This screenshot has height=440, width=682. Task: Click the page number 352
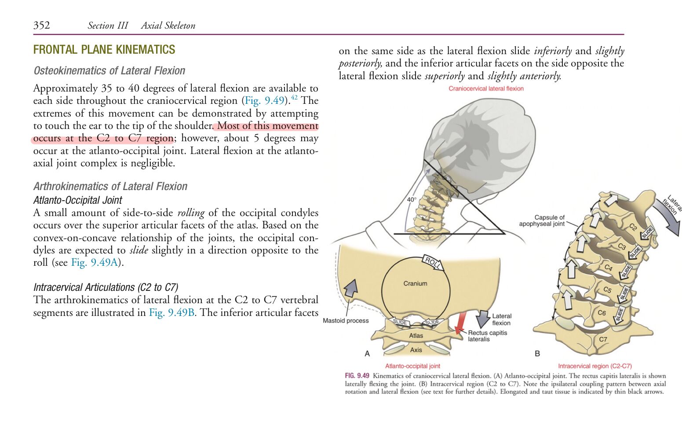point(42,25)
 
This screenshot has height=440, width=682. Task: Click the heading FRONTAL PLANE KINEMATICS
point(104,49)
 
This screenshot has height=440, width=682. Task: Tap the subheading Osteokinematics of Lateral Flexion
point(109,70)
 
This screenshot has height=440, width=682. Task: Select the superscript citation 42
point(294,97)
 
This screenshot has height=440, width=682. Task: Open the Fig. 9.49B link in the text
point(171,312)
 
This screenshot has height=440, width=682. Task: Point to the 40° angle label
point(412,199)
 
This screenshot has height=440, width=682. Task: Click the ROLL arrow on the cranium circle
point(433,262)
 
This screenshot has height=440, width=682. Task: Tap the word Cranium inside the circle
point(415,283)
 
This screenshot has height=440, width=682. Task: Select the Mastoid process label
point(346,320)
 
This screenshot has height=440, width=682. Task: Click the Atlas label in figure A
point(416,336)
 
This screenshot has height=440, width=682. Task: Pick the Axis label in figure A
point(416,350)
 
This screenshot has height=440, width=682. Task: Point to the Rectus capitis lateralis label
point(487,336)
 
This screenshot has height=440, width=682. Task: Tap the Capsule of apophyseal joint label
point(542,220)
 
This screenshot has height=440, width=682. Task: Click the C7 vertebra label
point(603,339)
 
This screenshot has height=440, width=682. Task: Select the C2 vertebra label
point(633,227)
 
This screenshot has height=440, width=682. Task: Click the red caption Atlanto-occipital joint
point(412,366)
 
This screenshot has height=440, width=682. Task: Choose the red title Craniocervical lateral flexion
point(486,88)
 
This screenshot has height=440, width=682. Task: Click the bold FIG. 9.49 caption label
point(357,376)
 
